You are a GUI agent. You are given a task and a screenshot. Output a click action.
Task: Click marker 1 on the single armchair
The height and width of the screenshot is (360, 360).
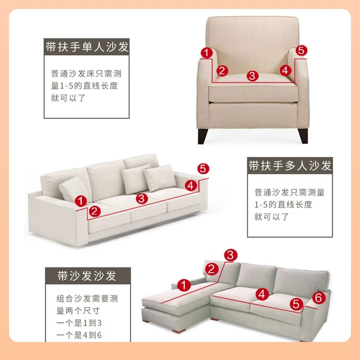coord(206,53)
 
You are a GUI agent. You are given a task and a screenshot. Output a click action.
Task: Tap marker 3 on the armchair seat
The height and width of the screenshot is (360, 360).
coord(253,76)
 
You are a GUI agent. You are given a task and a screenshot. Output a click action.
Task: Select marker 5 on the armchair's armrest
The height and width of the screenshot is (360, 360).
coord(301,50)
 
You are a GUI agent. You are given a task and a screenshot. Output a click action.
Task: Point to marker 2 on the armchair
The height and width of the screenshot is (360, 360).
coord(222,70)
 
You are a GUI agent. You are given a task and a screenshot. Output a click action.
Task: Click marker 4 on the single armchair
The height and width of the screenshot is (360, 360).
coord(286,70)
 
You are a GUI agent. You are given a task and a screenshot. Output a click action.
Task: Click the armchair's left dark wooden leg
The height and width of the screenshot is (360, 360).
coord(203,136)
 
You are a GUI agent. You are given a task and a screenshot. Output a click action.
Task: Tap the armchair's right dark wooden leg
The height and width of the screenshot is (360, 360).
coord(303,136)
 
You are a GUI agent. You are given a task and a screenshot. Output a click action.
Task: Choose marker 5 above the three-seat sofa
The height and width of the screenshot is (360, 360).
coord(203,169)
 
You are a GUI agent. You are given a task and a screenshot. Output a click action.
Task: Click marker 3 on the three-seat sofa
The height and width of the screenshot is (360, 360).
coord(142,199)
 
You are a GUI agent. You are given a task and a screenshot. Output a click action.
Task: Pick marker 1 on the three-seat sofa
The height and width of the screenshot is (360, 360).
coord(81,201)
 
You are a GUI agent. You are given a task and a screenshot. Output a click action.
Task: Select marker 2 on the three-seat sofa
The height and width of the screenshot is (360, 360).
coord(95,211)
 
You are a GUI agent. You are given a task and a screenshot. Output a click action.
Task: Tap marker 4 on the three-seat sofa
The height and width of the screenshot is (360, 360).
coord(191,185)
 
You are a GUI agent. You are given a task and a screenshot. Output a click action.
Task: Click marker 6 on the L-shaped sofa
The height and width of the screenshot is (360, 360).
coord(319,298)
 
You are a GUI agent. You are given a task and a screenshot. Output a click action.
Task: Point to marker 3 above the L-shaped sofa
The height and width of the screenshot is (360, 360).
coord(230,255)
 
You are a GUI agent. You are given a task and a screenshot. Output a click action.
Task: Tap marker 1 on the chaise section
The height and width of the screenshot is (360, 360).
coord(184,286)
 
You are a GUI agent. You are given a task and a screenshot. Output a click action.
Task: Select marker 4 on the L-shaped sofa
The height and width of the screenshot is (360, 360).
coord(262,294)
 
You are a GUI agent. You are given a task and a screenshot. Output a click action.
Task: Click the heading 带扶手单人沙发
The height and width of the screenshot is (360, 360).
coord(87,47)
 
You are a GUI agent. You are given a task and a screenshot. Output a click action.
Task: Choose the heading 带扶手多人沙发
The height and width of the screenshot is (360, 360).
coord(290,166)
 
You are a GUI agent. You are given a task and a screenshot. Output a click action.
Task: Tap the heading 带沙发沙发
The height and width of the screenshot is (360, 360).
coord(87,276)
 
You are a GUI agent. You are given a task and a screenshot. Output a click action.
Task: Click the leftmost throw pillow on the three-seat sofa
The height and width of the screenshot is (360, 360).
coord(74,189)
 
